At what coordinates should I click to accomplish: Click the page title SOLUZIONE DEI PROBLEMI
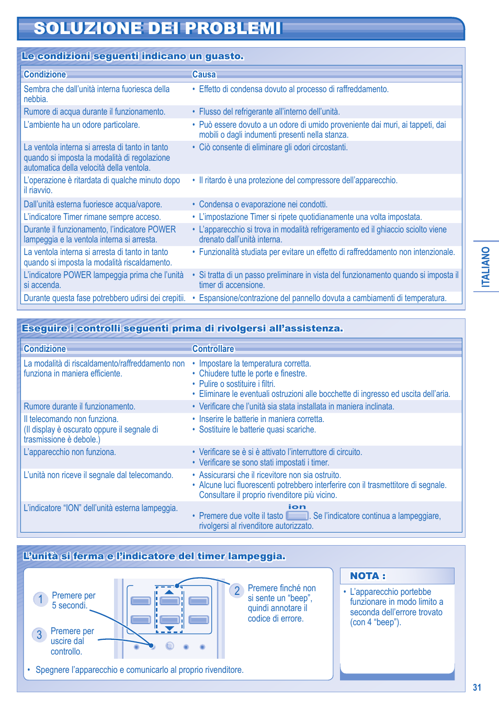(157, 28)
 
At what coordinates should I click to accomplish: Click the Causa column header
(204, 74)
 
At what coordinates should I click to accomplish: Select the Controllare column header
(213, 349)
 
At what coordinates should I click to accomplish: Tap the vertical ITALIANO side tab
(486, 267)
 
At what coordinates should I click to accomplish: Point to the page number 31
(477, 688)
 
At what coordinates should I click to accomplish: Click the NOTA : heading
(368, 576)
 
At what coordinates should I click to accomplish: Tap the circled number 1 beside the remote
(40, 599)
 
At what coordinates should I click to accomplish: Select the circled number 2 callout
(236, 591)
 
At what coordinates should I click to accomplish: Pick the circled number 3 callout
(39, 635)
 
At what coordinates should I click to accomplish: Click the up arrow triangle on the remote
(169, 592)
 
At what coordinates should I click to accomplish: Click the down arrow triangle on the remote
(169, 628)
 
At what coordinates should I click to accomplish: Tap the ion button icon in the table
(297, 516)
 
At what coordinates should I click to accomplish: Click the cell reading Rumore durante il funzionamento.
(80, 406)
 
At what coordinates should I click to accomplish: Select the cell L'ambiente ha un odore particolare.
(82, 125)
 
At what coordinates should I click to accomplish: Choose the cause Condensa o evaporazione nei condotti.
(263, 204)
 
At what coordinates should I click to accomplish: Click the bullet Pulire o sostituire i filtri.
(237, 384)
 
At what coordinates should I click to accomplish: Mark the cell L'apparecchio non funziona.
(70, 452)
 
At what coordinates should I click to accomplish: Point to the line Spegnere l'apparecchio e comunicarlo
(139, 670)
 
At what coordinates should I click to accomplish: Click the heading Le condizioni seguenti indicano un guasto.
(133, 56)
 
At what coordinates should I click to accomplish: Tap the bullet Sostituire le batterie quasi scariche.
(257, 429)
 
